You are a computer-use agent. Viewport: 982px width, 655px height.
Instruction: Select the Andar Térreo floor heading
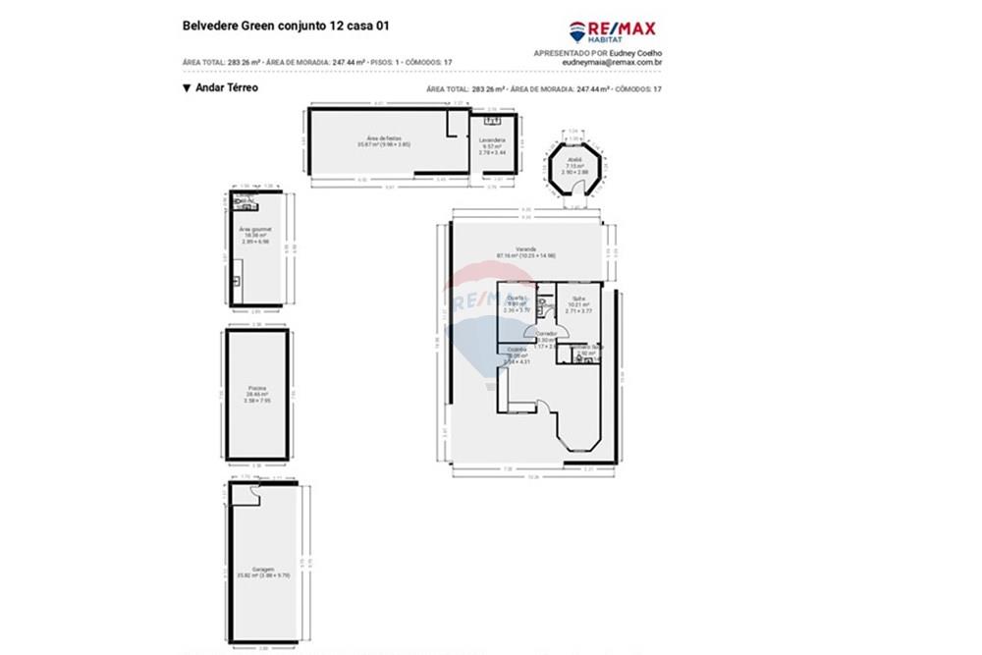pos(227,87)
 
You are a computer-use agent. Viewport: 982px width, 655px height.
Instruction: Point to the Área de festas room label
pos(383,138)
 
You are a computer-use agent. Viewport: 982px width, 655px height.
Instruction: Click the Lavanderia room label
pos(491,140)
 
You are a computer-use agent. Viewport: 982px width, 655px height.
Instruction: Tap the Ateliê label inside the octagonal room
pos(575,159)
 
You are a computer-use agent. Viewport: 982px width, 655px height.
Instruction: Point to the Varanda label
pos(526,249)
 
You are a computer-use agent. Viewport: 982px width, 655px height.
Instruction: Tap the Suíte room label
pos(579,298)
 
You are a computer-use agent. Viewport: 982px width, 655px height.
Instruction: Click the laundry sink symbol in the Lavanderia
pos(495,121)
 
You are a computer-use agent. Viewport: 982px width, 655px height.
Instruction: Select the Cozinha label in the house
pos(516,349)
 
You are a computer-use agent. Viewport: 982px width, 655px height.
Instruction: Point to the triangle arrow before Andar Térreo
pos(187,87)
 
